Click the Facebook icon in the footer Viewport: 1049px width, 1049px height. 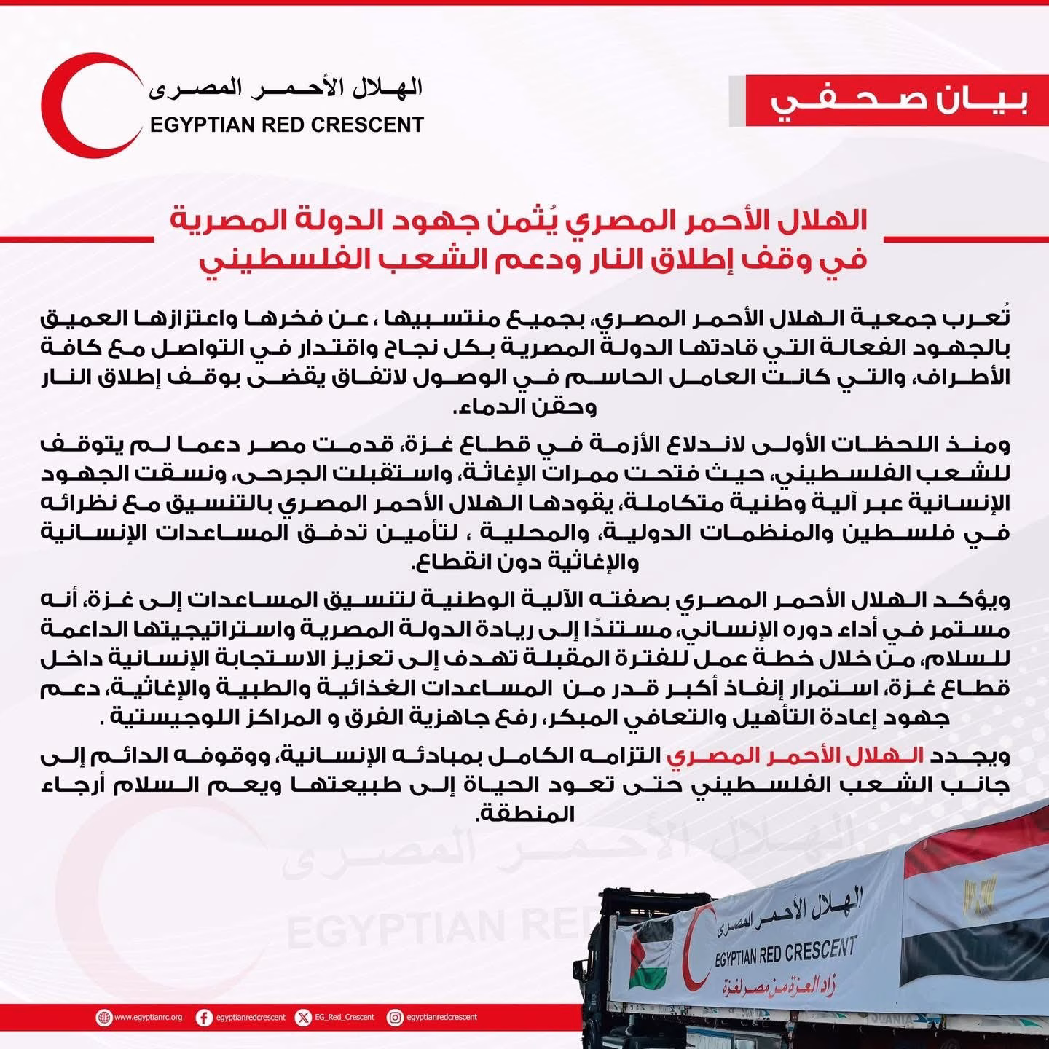(205, 1018)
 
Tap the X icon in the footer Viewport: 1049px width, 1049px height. (303, 1018)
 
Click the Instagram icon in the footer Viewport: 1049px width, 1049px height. (395, 1018)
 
